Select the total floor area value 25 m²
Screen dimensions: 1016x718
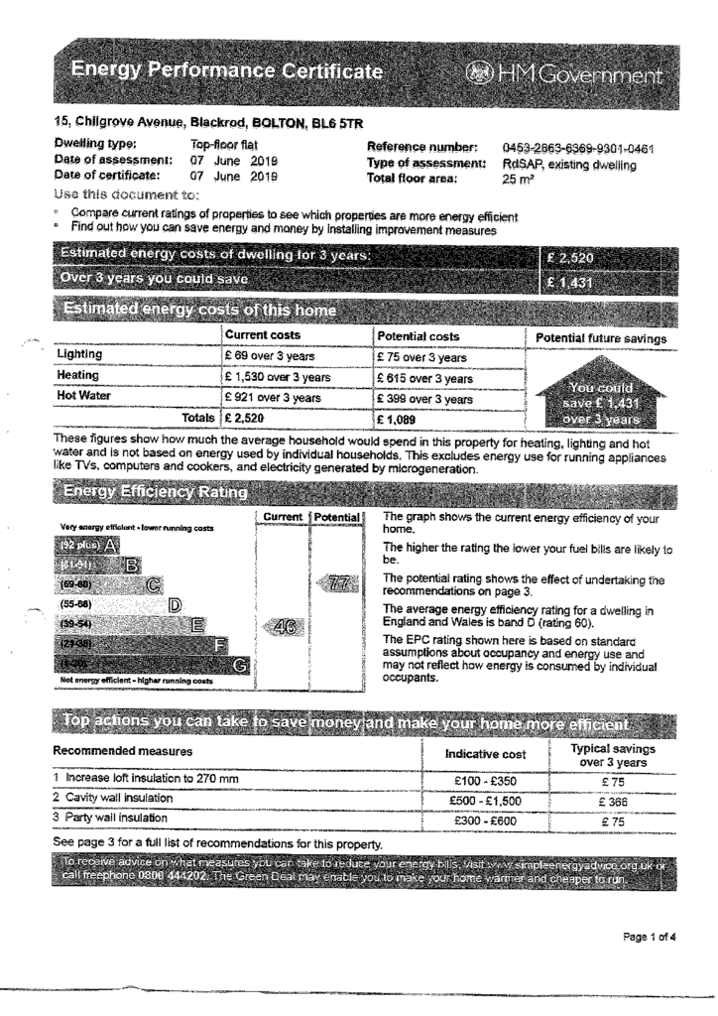pos(517,180)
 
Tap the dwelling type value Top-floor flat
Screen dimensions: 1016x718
pos(223,145)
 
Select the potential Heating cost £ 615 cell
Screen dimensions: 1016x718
pos(424,378)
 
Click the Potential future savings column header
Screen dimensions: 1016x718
pos(601,338)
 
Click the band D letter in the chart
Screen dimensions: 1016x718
pos(175,603)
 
